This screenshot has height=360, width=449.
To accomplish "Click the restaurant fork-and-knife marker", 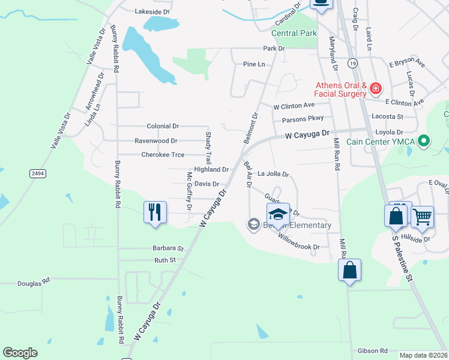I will [155, 212].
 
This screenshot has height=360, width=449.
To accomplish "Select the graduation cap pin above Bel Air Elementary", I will [278, 214].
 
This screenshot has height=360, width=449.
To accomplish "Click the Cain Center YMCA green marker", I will [424, 141].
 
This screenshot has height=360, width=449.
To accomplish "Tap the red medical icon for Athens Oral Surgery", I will [376, 89].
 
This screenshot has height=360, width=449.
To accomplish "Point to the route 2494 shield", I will [37, 173].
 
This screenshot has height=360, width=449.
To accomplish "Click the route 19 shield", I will [352, 63].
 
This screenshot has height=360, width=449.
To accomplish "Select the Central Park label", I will [294, 34].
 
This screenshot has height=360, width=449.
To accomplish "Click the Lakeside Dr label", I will [152, 11].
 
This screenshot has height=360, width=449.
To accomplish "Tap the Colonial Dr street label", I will [163, 127].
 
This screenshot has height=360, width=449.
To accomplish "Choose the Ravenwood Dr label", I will [156, 141].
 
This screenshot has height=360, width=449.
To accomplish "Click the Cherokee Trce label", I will [163, 155].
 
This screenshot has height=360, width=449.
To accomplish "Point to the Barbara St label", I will [168, 248].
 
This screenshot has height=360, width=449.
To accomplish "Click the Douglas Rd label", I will [34, 283].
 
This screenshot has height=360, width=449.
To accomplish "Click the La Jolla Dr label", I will [273, 174].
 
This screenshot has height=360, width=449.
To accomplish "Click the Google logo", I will [20, 353].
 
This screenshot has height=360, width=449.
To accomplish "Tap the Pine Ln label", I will [254, 64].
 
